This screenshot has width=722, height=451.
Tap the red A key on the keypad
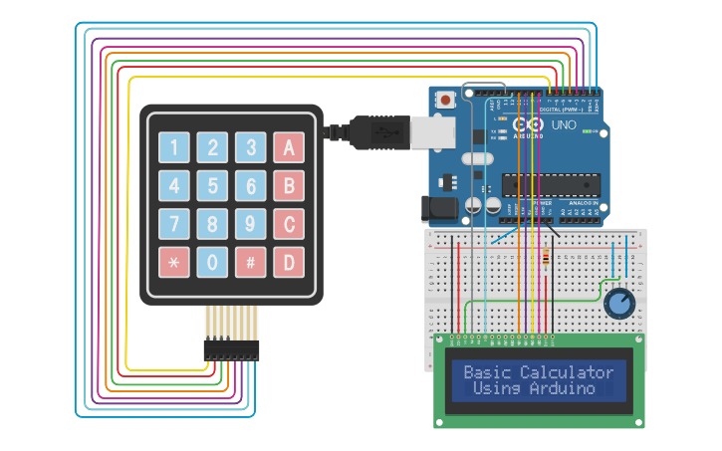[289, 148]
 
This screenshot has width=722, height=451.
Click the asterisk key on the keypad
[174, 263]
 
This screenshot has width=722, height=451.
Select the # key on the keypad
[251, 263]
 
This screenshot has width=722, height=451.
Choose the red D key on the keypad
[289, 263]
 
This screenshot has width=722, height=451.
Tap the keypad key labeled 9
[251, 224]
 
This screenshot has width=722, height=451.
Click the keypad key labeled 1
[174, 148]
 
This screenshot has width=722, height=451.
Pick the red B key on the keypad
[289, 186]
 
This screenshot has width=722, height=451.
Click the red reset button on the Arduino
[444, 100]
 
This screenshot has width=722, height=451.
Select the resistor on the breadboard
[546, 261]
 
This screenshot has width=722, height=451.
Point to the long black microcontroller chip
[551, 184]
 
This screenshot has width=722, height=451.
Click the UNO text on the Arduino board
[564, 126]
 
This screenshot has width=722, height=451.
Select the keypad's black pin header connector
[231, 349]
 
